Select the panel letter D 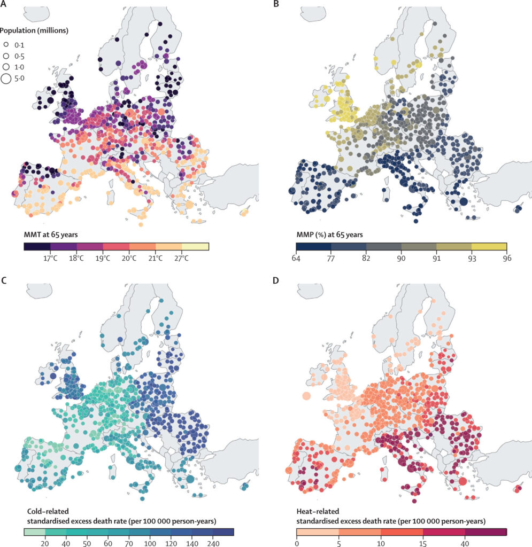(276, 282)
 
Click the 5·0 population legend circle (6, 79)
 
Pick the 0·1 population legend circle (6, 45)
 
